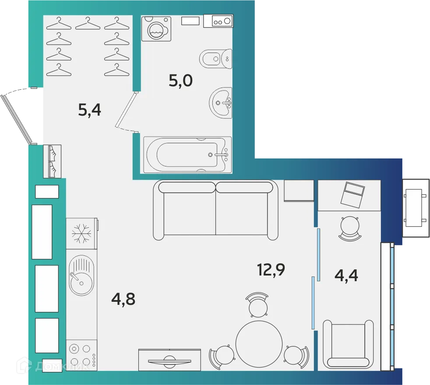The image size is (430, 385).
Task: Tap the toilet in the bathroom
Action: [x=215, y=58]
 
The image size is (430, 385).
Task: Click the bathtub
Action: [x=186, y=155]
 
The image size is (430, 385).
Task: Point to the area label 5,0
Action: [x=181, y=81]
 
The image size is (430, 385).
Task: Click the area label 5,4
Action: [x=89, y=110]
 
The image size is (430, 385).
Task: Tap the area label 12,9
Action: [x=271, y=269]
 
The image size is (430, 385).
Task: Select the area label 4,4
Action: [x=346, y=276]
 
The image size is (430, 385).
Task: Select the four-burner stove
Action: [x=81, y=355]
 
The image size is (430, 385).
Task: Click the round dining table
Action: [x=259, y=342]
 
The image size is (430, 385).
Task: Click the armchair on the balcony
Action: [x=348, y=344]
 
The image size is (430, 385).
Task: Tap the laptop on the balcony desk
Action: [x=353, y=194]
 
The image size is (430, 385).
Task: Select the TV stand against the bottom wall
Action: [x=169, y=360]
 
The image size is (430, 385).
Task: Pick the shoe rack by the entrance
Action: [x=52, y=161]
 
